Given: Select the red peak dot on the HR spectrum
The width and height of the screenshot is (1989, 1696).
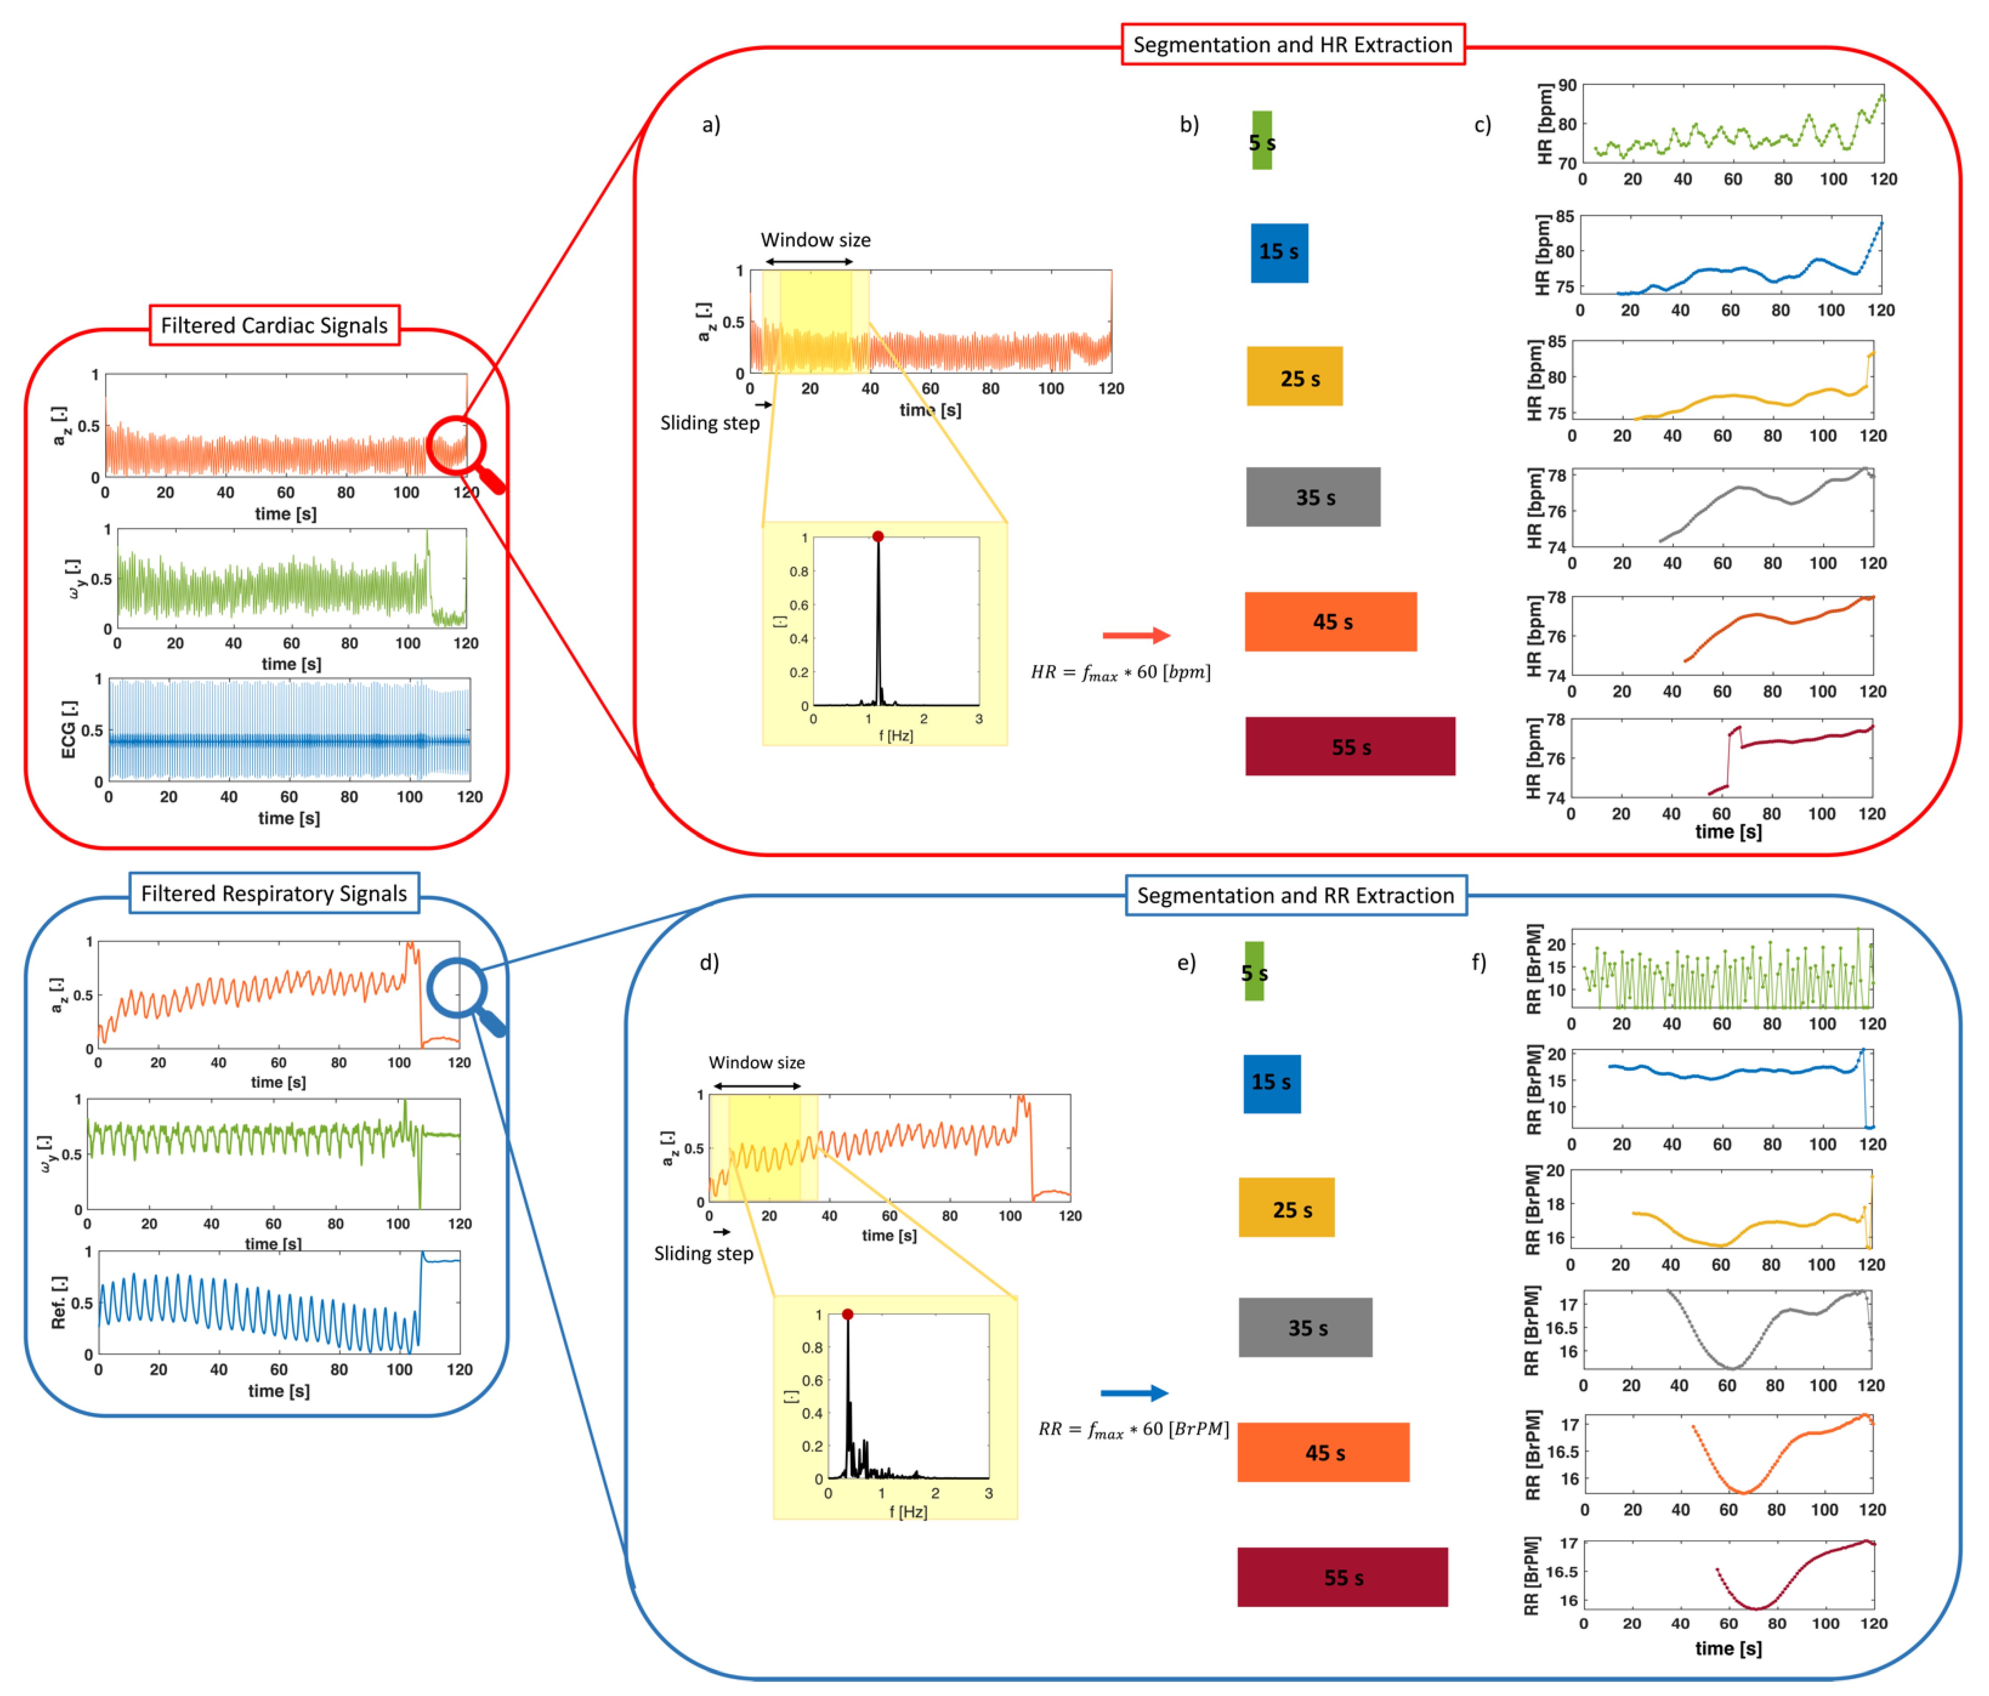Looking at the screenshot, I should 877,537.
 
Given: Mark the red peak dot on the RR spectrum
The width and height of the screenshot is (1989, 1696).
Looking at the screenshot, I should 848,1314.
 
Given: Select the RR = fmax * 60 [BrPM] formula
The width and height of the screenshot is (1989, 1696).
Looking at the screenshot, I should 1133,1429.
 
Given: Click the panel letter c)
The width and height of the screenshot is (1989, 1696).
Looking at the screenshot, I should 1482,125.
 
